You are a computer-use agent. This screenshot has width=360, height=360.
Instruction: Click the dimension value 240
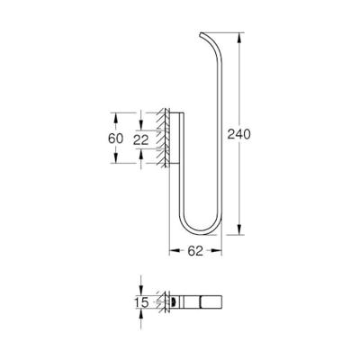(x=238, y=134)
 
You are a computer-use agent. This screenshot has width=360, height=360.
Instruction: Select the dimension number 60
(x=115, y=139)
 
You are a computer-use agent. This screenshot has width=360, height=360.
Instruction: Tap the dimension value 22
(x=141, y=140)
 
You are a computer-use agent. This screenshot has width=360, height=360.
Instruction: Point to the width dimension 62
(x=195, y=251)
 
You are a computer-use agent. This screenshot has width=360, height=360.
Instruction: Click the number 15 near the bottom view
(x=141, y=302)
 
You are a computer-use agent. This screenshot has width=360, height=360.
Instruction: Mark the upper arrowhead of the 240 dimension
(x=239, y=38)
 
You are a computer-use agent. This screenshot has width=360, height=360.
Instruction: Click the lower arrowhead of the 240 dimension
(x=239, y=229)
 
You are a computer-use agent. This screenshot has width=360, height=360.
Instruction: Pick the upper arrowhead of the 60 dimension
(x=115, y=118)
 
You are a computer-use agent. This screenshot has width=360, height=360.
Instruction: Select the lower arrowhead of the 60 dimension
(x=115, y=157)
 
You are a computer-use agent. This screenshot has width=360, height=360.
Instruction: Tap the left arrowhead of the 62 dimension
(x=175, y=250)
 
